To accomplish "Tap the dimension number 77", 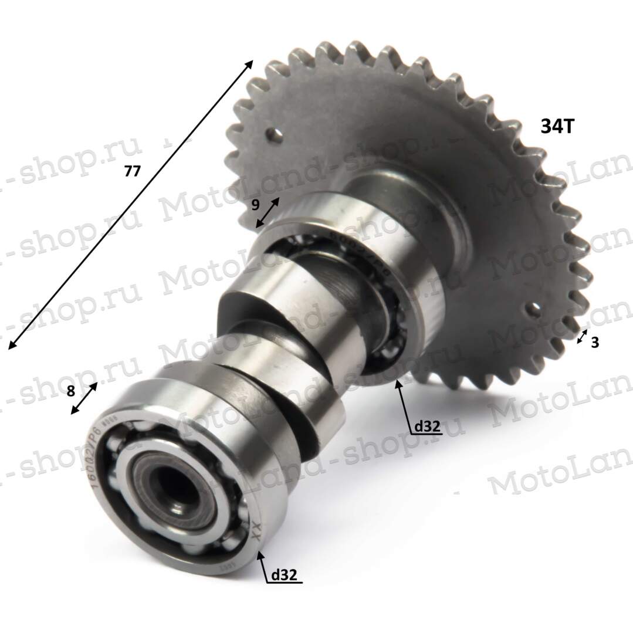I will coord(133,171).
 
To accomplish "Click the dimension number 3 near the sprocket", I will coord(594,343).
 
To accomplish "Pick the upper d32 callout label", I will coord(426,427).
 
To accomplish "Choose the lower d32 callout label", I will coord(284,576).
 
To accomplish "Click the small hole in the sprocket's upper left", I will coord(273,134).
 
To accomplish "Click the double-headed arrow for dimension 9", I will coord(268,212).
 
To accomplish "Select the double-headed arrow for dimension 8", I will coord(84,399).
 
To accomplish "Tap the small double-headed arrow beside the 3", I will coord(582,337).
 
